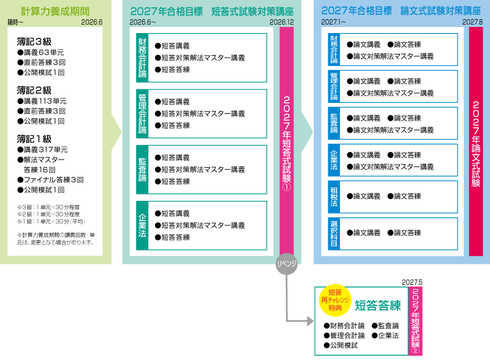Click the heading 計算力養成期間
55,11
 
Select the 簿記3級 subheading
35,42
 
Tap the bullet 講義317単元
42,149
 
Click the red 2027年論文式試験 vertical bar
477,141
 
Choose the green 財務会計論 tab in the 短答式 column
142,58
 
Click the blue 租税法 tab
334,196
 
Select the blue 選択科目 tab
334,233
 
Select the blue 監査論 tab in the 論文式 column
334,122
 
